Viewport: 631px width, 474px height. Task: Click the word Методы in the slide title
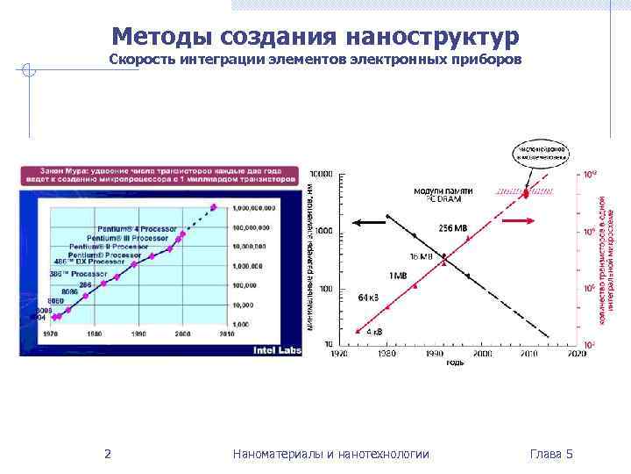pyautogui.click(x=164, y=37)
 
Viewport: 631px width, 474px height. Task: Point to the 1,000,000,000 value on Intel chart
pyautogui.click(x=255, y=208)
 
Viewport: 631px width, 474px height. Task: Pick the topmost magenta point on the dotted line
pyautogui.click(x=213, y=207)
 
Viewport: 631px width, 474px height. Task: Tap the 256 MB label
pyautogui.click(x=453, y=227)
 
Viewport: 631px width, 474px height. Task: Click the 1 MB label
pyautogui.click(x=399, y=275)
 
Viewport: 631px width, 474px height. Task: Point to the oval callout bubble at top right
pyautogui.click(x=541, y=153)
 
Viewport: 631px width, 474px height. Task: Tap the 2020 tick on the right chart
pyautogui.click(x=576, y=353)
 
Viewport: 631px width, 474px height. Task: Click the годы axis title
pyautogui.click(x=455, y=363)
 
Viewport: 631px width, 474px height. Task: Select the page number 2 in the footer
pyautogui.click(x=107, y=454)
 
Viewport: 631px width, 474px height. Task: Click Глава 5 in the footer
pyautogui.click(x=551, y=454)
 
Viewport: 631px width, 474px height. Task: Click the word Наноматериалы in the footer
pyautogui.click(x=274, y=454)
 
